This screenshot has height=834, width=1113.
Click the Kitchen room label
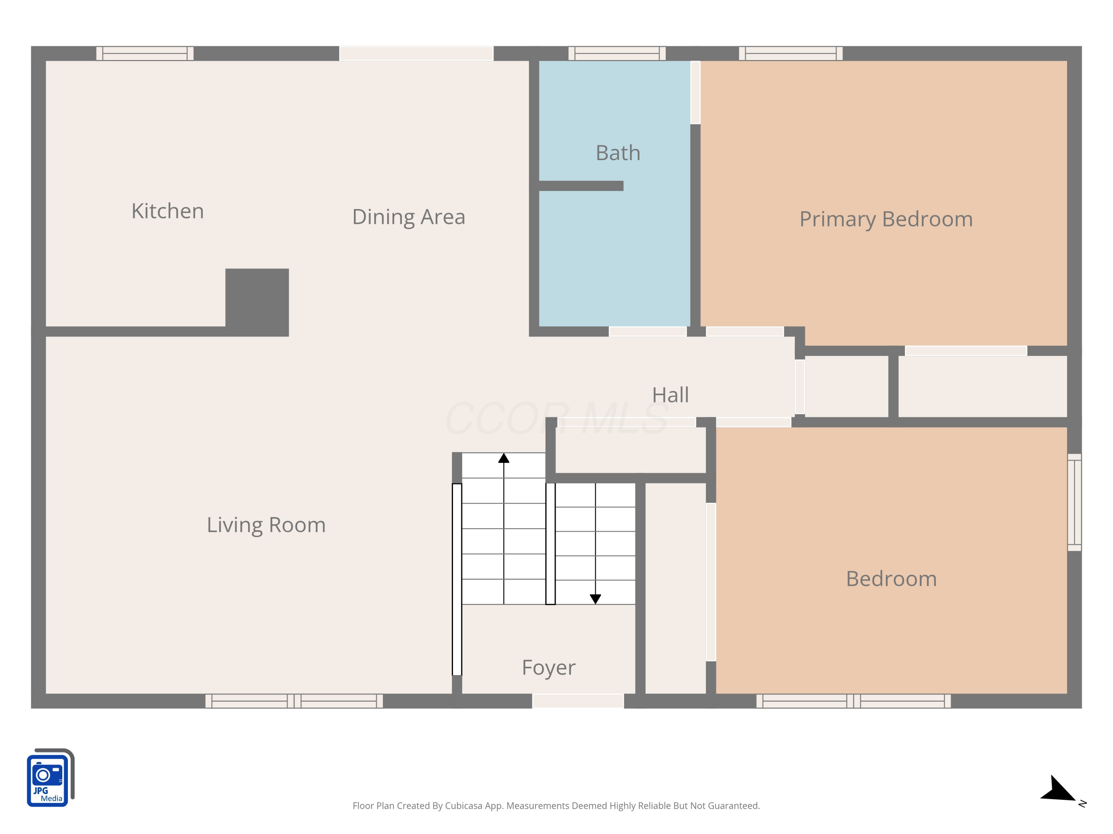(x=168, y=211)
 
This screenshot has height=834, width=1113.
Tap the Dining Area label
(x=408, y=217)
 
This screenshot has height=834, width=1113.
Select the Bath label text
(x=618, y=153)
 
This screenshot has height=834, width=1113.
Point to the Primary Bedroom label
(x=886, y=219)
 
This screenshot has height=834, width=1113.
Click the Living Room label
(x=266, y=525)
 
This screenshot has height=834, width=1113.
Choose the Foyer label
(x=548, y=668)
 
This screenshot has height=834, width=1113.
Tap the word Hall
(x=670, y=395)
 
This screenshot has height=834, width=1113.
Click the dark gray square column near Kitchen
(x=257, y=302)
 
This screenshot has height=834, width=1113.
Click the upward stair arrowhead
(x=504, y=458)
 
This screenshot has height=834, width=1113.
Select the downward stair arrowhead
(x=595, y=599)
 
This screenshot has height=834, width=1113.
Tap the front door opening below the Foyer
(x=578, y=701)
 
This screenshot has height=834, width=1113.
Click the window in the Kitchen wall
(x=145, y=53)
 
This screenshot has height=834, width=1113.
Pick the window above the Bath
(x=617, y=53)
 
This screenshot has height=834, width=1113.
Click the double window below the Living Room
(x=294, y=701)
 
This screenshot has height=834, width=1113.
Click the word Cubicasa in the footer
(x=463, y=806)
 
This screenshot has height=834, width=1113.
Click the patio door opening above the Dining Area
(x=416, y=53)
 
